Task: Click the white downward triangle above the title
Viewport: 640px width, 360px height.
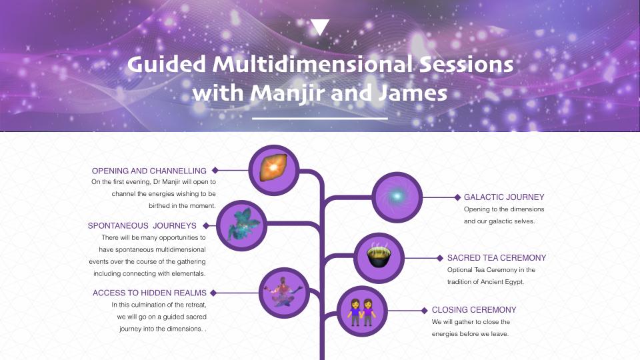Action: tap(319, 27)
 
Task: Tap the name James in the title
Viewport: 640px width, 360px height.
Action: tap(412, 93)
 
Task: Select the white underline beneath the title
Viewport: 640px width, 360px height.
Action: tap(319, 119)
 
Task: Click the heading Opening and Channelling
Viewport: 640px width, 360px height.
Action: tap(149, 171)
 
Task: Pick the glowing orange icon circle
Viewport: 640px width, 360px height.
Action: tap(274, 170)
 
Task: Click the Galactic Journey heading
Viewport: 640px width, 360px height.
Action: tap(504, 197)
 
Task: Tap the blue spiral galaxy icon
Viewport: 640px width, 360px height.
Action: tap(397, 197)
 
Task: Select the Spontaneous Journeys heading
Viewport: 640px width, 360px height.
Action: tap(142, 226)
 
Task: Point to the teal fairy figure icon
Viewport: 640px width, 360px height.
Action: tap(241, 226)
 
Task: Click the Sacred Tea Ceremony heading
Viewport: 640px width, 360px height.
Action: tap(496, 258)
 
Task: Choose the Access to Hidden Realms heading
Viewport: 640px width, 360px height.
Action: tap(149, 293)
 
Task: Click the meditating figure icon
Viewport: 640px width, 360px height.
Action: tap(284, 293)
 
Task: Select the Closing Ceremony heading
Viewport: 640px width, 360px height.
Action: tap(474, 310)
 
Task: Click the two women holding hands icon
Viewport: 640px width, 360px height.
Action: tap(362, 311)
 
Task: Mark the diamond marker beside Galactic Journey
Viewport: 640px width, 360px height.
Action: tap(457, 197)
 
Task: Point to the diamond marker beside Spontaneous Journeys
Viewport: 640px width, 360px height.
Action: tap(206, 226)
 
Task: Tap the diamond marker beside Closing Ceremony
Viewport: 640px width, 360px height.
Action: tap(425, 311)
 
